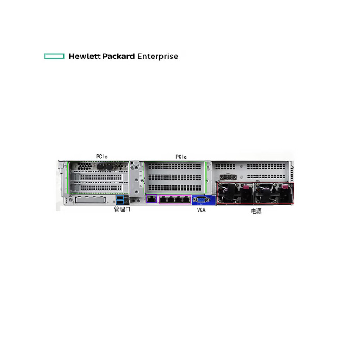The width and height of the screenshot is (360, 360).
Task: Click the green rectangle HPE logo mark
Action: [54, 56]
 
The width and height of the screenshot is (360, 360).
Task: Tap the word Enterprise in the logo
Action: [157, 57]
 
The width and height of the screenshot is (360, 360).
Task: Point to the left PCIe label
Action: [102, 157]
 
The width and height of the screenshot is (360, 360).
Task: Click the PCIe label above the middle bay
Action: [181, 157]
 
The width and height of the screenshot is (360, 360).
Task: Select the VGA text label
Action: [201, 211]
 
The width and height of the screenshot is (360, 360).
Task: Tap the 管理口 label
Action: [122, 210]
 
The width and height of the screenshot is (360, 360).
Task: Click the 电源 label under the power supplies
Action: [256, 211]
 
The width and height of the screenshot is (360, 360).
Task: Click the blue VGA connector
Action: [201, 200]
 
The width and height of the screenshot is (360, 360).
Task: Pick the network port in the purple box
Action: [151, 199]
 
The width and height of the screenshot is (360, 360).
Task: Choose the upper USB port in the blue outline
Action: [120, 198]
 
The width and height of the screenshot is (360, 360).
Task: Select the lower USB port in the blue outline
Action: [120, 202]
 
